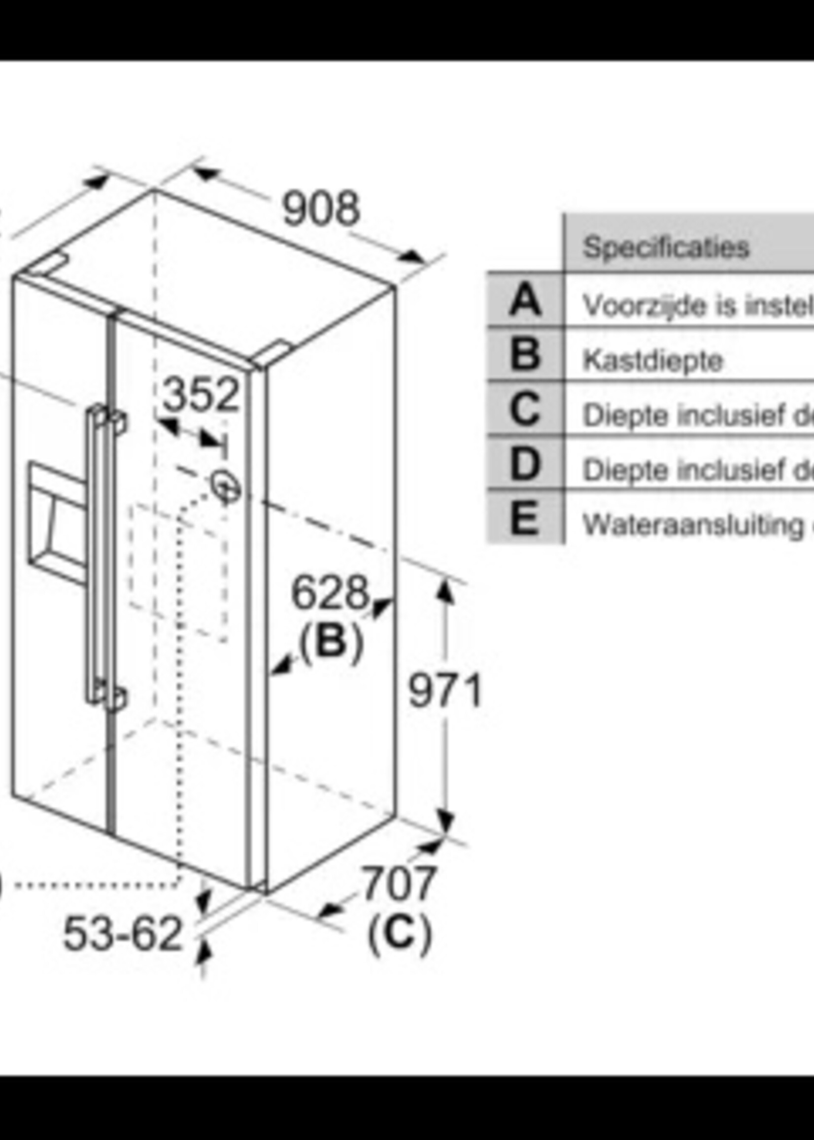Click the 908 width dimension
tap(321, 208)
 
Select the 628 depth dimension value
tap(329, 593)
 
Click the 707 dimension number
tap(399, 883)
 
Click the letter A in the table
tap(525, 300)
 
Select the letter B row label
tap(525, 355)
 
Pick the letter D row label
tap(525, 464)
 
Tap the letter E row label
tap(525, 518)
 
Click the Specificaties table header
tap(666, 246)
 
